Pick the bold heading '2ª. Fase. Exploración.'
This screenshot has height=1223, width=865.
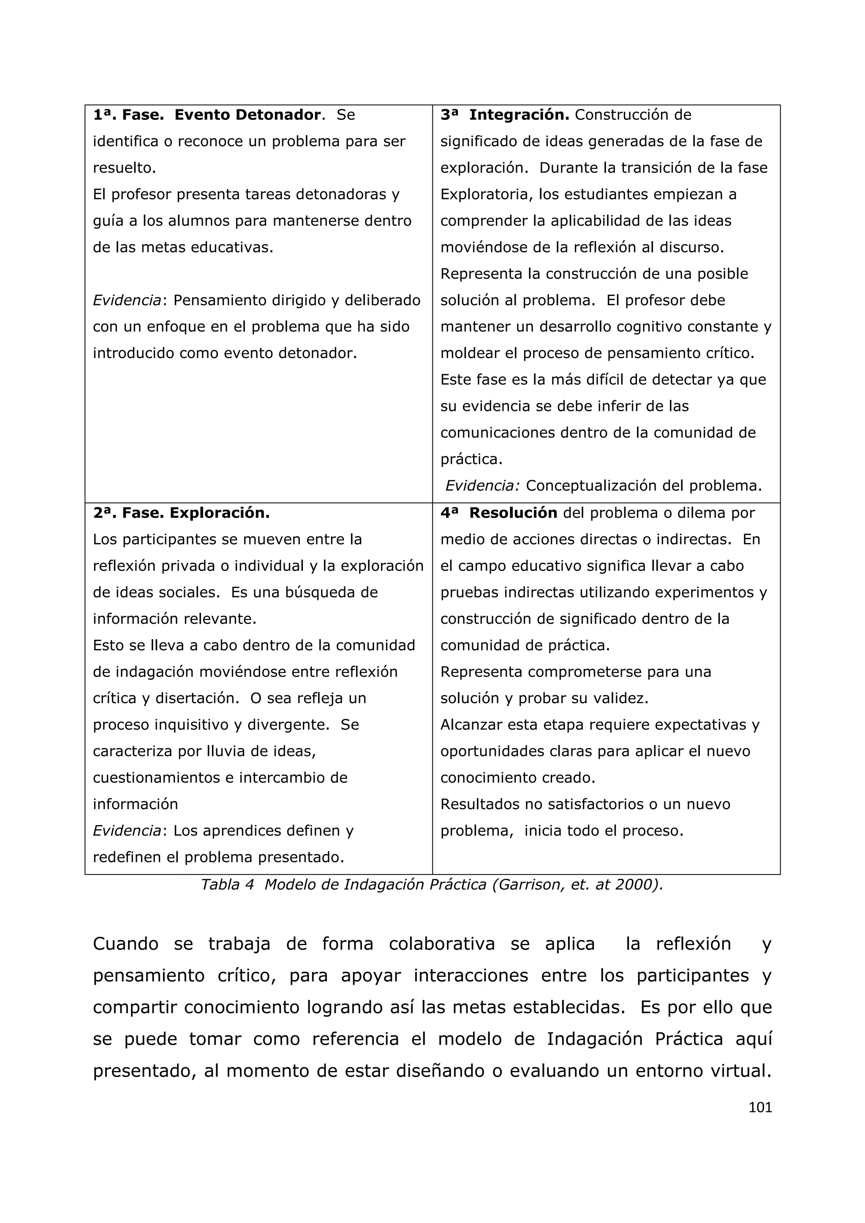click(x=181, y=513)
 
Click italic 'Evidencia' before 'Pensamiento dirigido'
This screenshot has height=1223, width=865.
click(x=127, y=300)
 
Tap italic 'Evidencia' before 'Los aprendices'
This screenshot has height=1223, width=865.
click(x=127, y=830)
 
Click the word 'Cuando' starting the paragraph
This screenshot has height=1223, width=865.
click(x=126, y=944)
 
